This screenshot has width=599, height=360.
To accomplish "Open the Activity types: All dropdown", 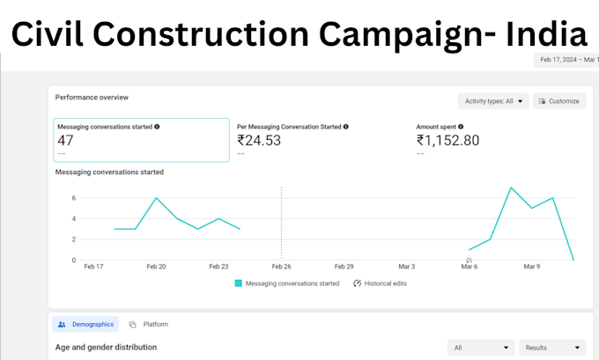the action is click(493, 101).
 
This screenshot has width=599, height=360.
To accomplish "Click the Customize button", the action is click(559, 101).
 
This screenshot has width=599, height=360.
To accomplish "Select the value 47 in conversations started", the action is click(65, 141).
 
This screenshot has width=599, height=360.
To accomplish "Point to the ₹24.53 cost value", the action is click(259, 141).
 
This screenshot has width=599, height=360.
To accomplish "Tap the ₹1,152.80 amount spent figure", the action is click(447, 141).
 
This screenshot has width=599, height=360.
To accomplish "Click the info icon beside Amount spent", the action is click(461, 127).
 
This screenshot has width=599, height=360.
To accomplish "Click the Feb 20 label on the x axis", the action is click(156, 267).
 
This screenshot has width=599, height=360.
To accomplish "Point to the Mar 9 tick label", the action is click(532, 267).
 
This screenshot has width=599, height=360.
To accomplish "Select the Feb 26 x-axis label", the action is click(282, 267).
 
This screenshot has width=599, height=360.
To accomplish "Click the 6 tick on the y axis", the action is click(74, 198).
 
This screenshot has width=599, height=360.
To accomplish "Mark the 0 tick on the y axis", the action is click(74, 261).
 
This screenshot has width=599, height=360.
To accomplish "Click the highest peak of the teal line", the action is click(511, 187).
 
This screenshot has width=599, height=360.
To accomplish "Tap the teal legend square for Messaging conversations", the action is click(239, 283).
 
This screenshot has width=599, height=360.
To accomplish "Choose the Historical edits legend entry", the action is click(381, 283).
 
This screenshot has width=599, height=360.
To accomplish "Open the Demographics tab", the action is click(85, 324).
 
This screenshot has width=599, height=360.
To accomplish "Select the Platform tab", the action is click(149, 324).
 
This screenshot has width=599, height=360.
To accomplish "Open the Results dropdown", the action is click(552, 348).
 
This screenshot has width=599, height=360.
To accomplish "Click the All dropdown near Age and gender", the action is click(481, 348).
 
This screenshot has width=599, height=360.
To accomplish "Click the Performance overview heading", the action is click(92, 98).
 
